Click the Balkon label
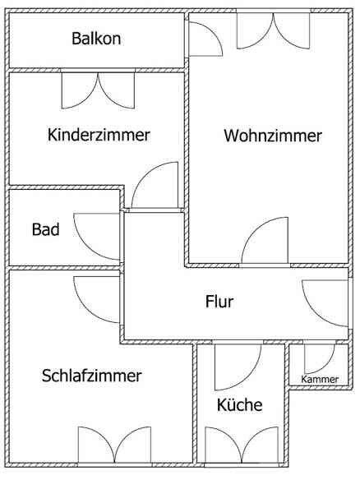coord(96,39)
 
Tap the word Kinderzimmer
coord(99,135)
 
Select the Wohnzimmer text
coord(273,136)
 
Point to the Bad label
coord(45,229)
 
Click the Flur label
coord(219,302)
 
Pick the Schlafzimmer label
coord(92,376)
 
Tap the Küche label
coord(239,404)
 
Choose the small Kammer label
coord(320,379)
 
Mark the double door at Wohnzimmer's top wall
coord(273,30)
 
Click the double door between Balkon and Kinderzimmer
coord(98,90)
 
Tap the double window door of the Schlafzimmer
coord(114,445)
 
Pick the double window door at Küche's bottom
coord(242,445)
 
